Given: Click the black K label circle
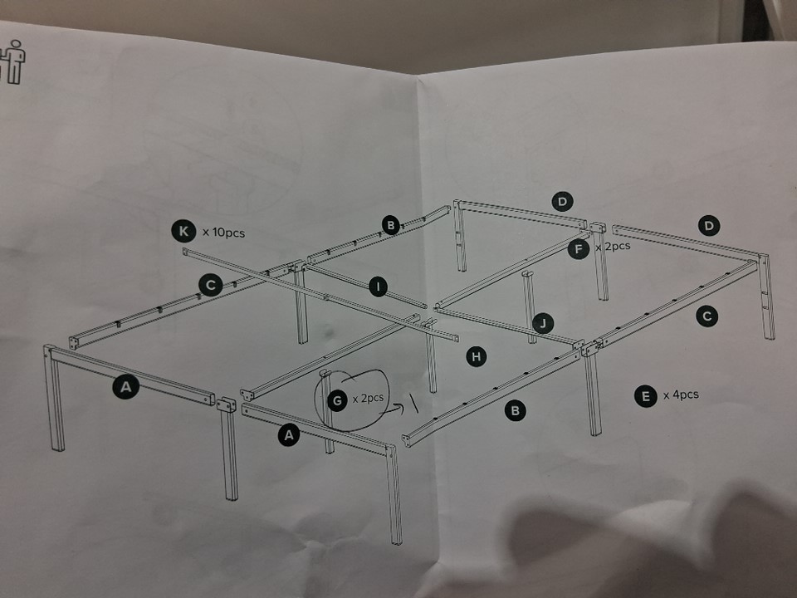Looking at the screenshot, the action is tap(183, 232).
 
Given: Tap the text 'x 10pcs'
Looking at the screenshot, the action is tap(223, 233).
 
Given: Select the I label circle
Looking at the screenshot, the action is tap(377, 287).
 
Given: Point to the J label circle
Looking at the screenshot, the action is tap(543, 323).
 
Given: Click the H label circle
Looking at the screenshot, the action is tap(476, 356).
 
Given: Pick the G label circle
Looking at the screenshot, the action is tap(338, 400).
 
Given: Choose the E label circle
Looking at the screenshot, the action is tap(646, 396).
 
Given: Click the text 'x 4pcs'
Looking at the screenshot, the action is tap(681, 395).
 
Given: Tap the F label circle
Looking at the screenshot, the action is tap(579, 249).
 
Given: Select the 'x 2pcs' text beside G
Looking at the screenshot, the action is tap(368, 398).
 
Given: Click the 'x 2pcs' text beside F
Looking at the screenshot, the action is tap(613, 247).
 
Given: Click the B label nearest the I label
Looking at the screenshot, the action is tap(391, 225).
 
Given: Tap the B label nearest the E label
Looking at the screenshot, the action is tap(515, 409).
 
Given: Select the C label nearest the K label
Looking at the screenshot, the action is tap(210, 285).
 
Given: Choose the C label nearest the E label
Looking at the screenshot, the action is tap(707, 316).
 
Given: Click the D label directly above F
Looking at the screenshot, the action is tap(562, 201).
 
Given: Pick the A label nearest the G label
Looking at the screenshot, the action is tap(289, 435).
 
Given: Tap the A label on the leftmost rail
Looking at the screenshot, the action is tap(125, 387).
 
